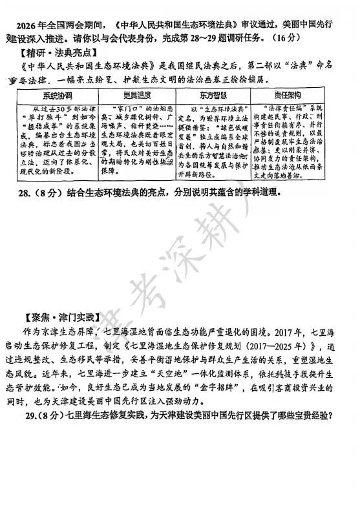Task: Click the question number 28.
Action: (x=25, y=192)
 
